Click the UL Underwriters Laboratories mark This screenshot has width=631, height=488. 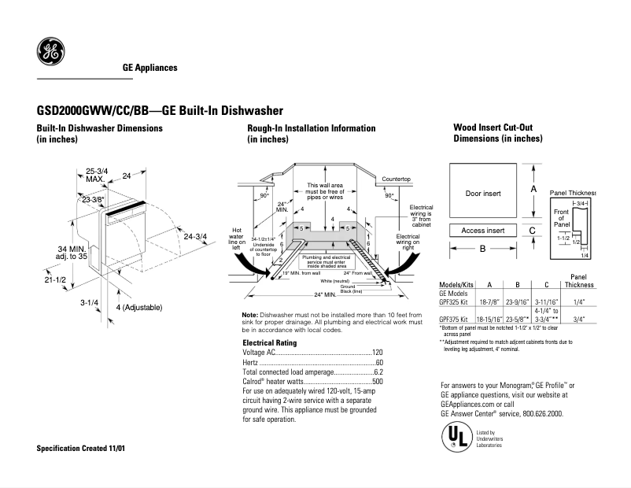pyautogui.click(x=452, y=436)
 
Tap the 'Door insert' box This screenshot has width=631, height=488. pyautogui.click(x=483, y=193)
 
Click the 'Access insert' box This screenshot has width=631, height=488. pyautogui.click(x=483, y=231)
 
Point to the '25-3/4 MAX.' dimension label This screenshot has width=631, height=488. pyautogui.click(x=97, y=175)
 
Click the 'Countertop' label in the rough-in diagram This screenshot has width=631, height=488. pyautogui.click(x=397, y=179)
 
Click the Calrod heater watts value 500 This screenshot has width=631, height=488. pyautogui.click(x=377, y=381)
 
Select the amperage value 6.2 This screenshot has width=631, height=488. pyautogui.click(x=378, y=372)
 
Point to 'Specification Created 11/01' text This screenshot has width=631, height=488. pyautogui.click(x=81, y=448)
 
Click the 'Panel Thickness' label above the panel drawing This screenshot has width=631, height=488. pyautogui.click(x=572, y=192)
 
